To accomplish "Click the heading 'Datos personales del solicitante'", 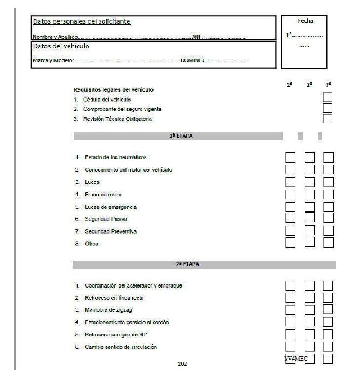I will (x=82, y=21).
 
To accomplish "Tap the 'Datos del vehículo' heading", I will (x=62, y=46).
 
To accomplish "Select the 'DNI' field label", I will (x=196, y=37).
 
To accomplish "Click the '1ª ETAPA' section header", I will (x=178, y=136).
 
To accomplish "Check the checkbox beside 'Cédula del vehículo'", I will (x=328, y=98).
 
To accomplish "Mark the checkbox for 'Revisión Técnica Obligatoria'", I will (x=328, y=119).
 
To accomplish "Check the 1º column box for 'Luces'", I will (x=291, y=182).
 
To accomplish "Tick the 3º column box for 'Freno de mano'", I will (x=328, y=194).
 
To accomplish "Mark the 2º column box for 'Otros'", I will (x=309, y=243).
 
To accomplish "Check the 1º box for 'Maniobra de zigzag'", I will (x=291, y=309).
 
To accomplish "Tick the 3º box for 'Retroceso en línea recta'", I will (x=328, y=297).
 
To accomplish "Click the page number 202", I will (x=182, y=364).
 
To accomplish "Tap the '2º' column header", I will (x=309, y=85).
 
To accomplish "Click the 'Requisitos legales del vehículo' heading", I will (x=113, y=89).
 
